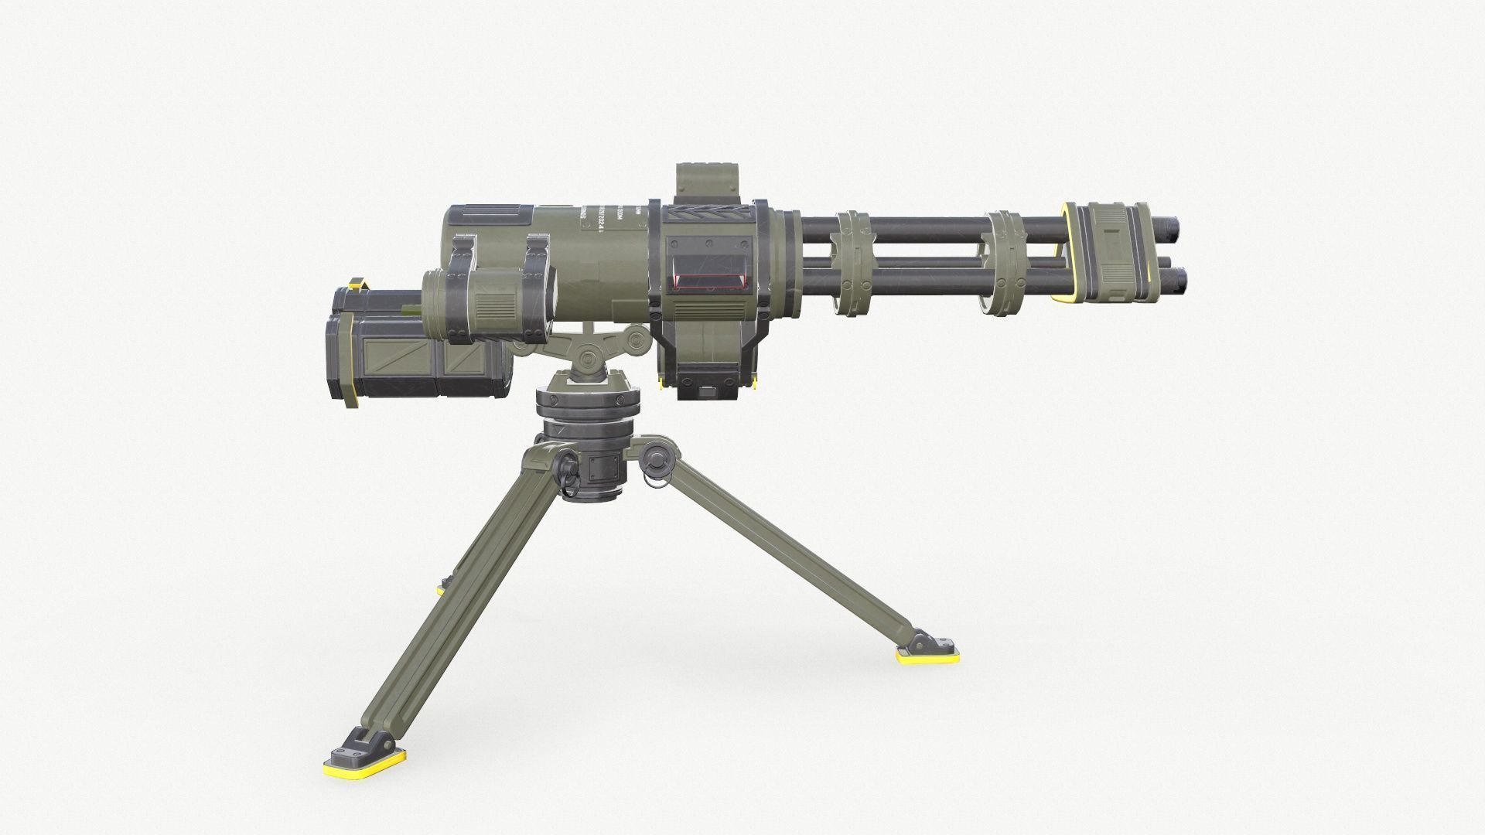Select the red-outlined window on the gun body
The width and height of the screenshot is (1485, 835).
click(712, 277)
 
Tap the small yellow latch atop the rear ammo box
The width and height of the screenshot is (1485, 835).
click(357, 284)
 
